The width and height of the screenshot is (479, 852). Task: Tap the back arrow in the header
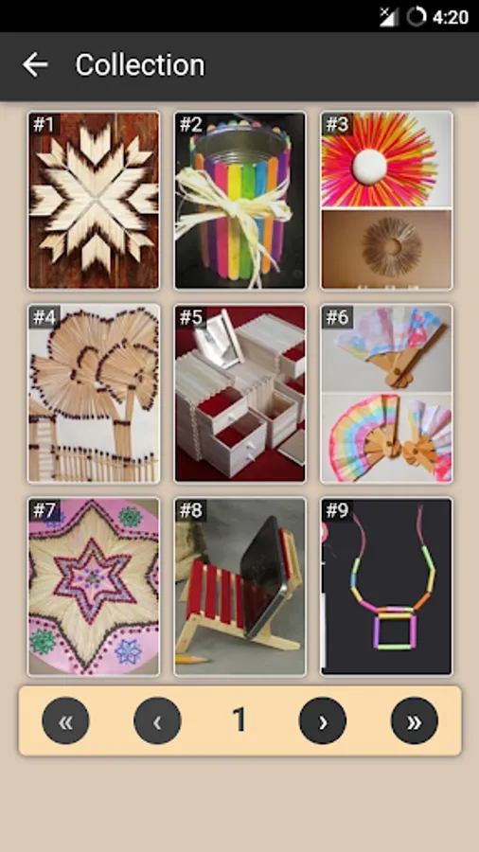(x=35, y=64)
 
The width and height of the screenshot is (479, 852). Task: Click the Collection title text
(x=140, y=65)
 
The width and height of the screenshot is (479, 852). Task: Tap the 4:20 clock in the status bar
(x=451, y=17)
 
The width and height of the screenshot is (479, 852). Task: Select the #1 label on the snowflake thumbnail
(x=44, y=124)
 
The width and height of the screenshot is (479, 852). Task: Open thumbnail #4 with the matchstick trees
(x=94, y=394)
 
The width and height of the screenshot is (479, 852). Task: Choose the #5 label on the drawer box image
(x=190, y=317)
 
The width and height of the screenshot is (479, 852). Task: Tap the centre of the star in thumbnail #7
(x=93, y=578)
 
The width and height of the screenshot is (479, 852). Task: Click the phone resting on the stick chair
(x=262, y=576)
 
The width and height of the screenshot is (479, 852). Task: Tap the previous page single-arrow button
(x=157, y=720)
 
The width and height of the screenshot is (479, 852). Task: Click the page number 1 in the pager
(x=239, y=720)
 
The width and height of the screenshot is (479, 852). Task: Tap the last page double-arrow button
(x=415, y=720)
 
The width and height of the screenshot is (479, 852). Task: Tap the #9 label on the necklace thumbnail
(x=337, y=510)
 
